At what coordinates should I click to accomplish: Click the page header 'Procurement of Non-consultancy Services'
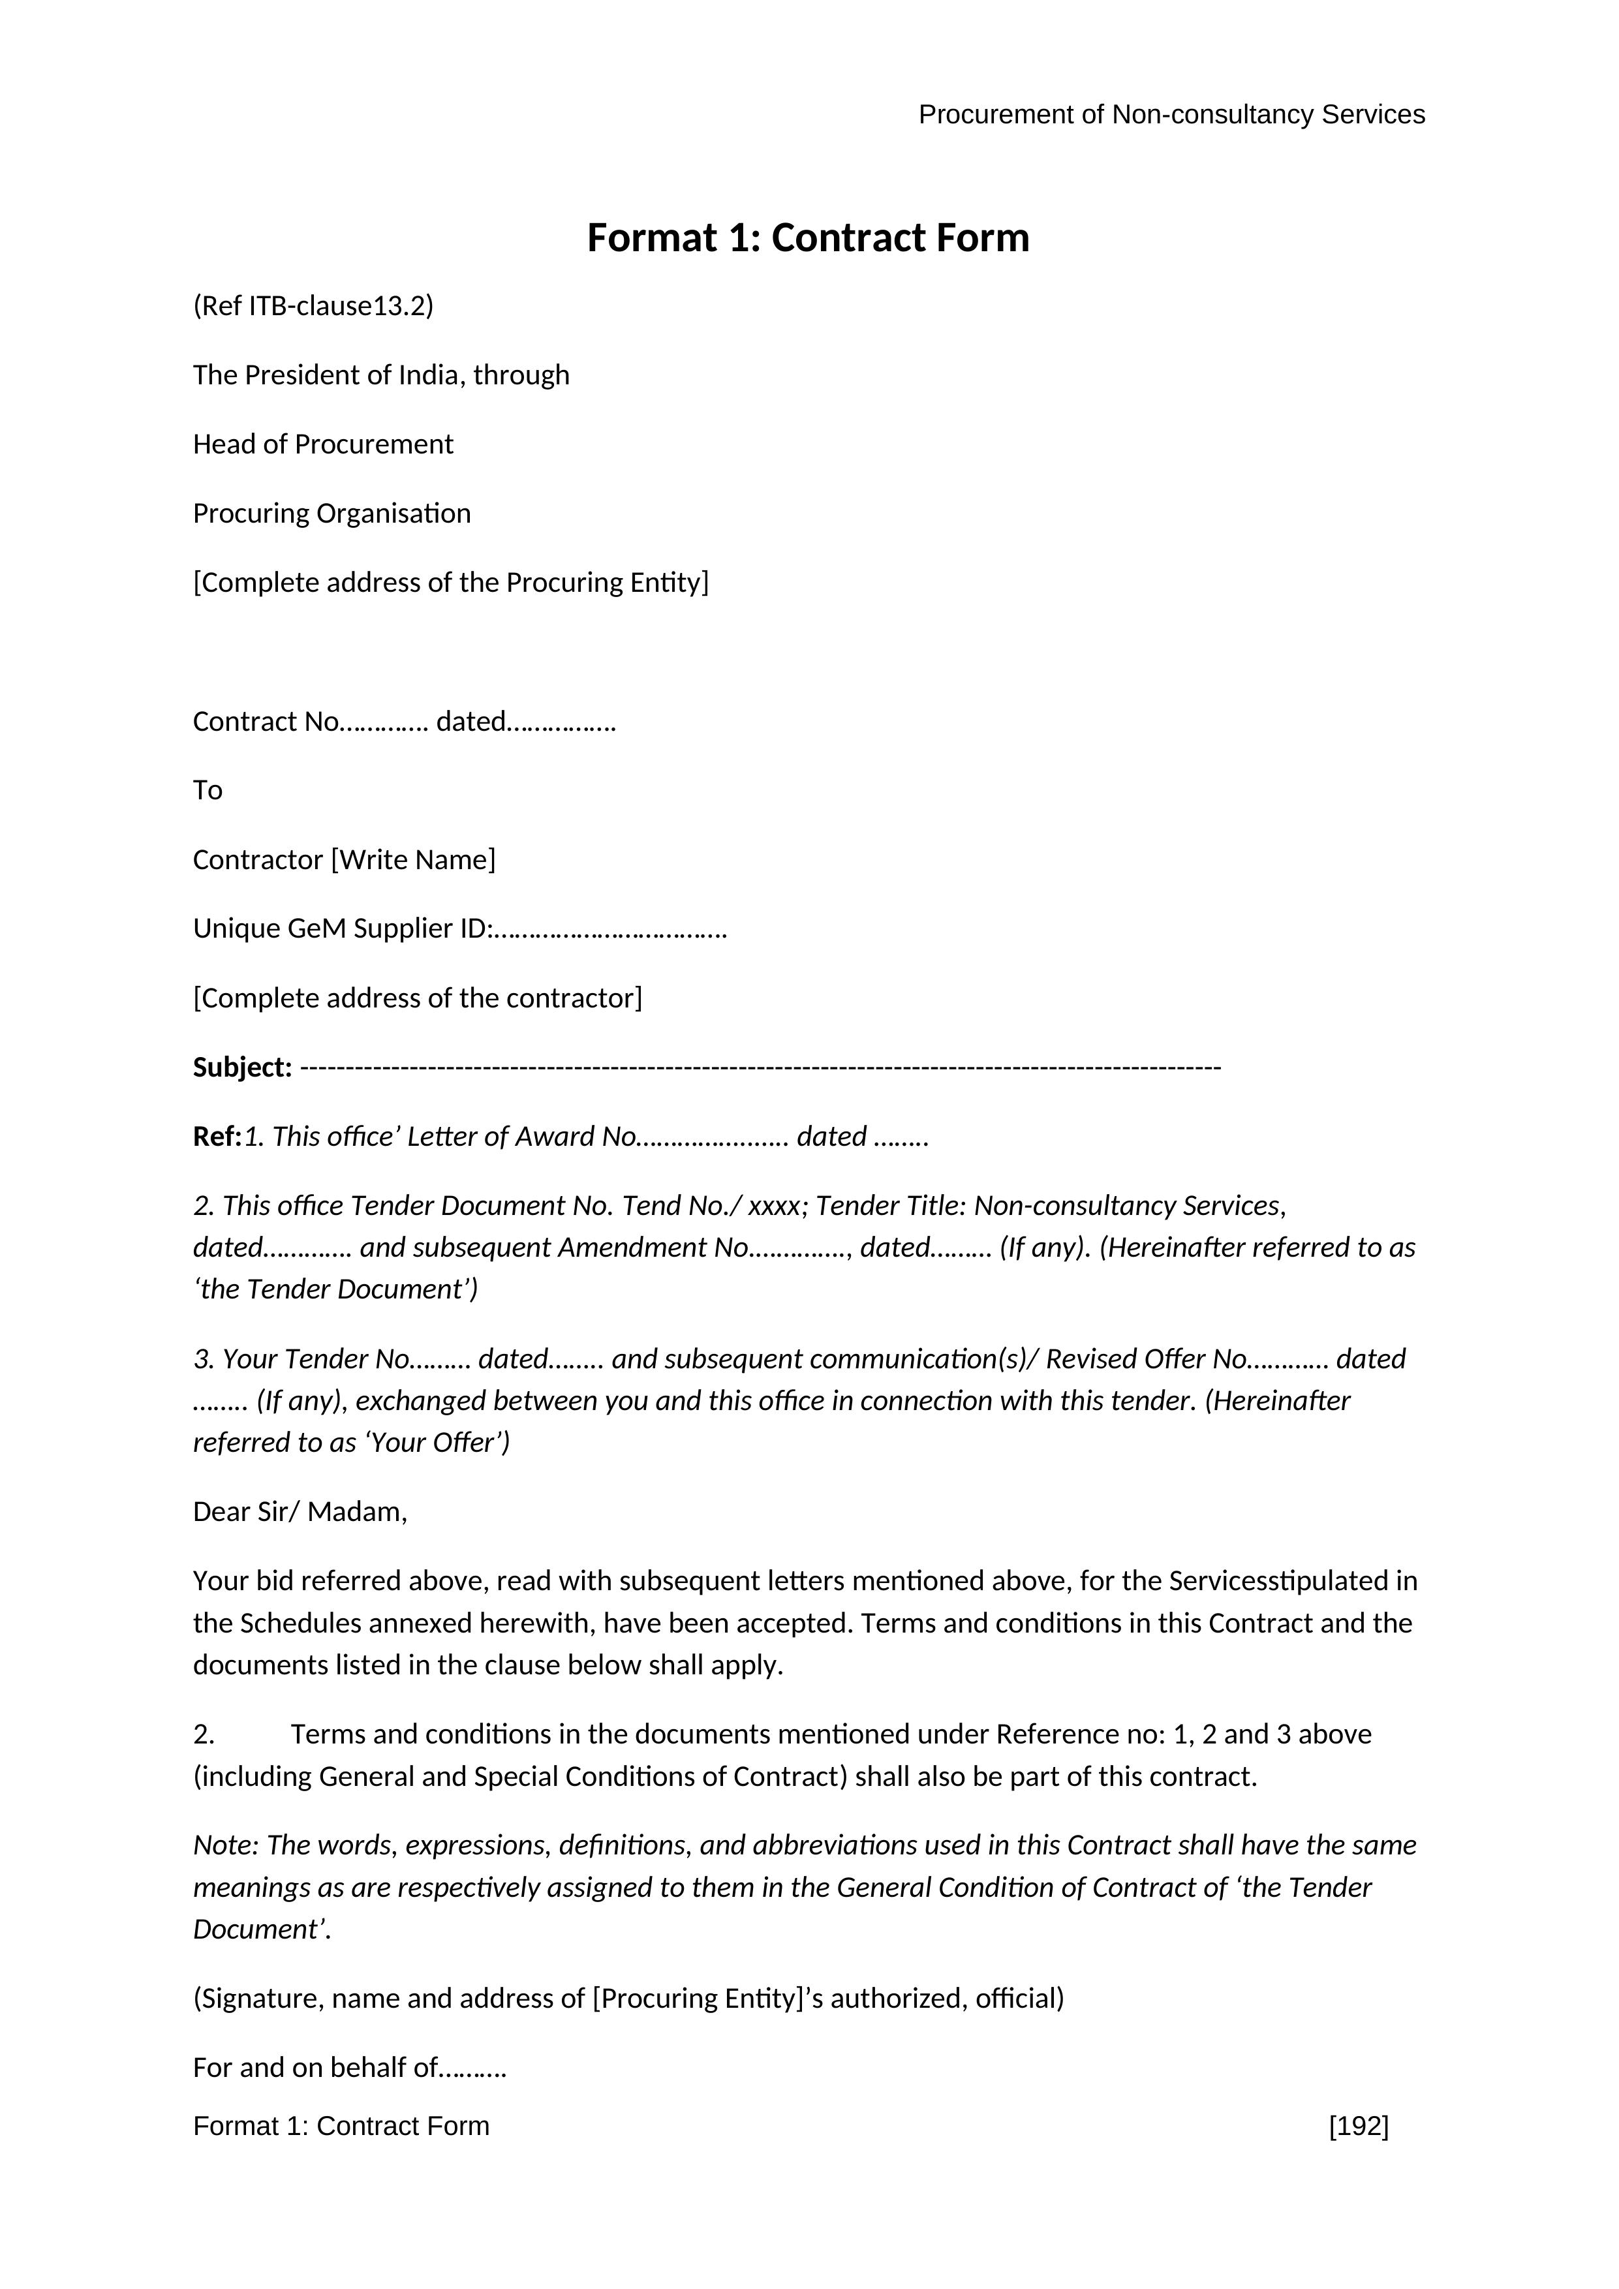tap(1171, 115)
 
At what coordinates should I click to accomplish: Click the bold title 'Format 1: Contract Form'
tap(807, 238)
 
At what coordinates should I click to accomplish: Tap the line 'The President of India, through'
tap(381, 375)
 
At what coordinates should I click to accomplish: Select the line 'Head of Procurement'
tap(323, 444)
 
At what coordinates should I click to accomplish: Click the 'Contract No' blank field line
tap(404, 721)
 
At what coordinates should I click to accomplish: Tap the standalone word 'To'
tap(208, 791)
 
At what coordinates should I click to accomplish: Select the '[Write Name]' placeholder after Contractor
tap(412, 859)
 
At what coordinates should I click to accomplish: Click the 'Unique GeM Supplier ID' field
tap(459, 929)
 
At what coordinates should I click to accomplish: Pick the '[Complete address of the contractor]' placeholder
tap(418, 998)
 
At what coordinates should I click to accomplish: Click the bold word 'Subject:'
tap(242, 1068)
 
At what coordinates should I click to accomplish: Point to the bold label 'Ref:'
tap(217, 1137)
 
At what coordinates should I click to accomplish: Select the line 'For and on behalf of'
tap(350, 2068)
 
